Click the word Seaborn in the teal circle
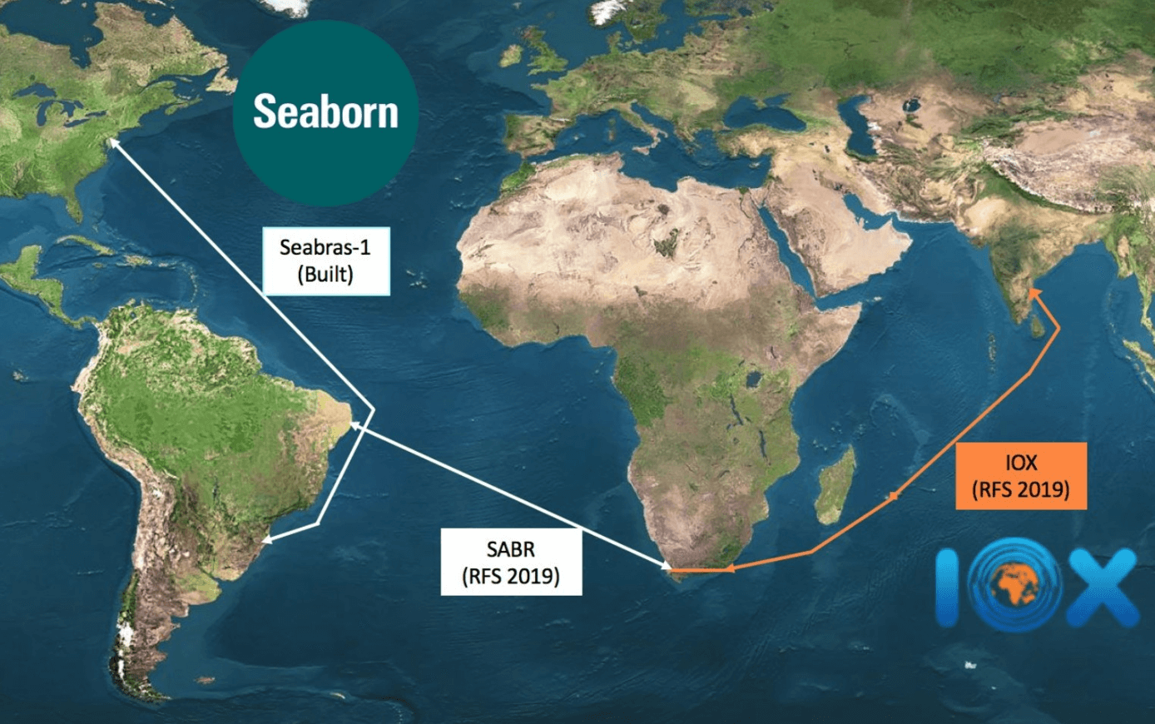click(325, 112)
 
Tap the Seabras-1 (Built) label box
click(325, 260)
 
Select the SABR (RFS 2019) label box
click(511, 563)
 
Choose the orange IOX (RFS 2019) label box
click(1021, 475)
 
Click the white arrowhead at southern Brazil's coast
click(268, 540)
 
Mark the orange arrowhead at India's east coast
click(1032, 292)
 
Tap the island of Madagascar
click(836, 487)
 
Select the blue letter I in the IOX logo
click(949, 588)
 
